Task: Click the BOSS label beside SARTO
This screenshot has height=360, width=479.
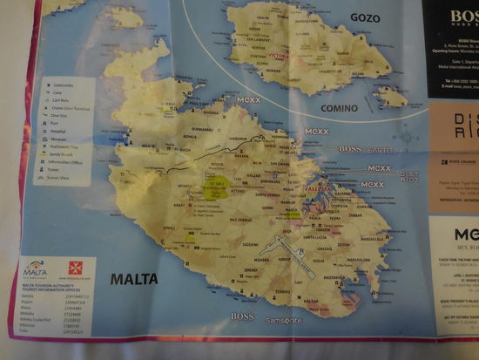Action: [x=349, y=149]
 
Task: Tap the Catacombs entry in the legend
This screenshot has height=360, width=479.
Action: [x=59, y=85]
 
